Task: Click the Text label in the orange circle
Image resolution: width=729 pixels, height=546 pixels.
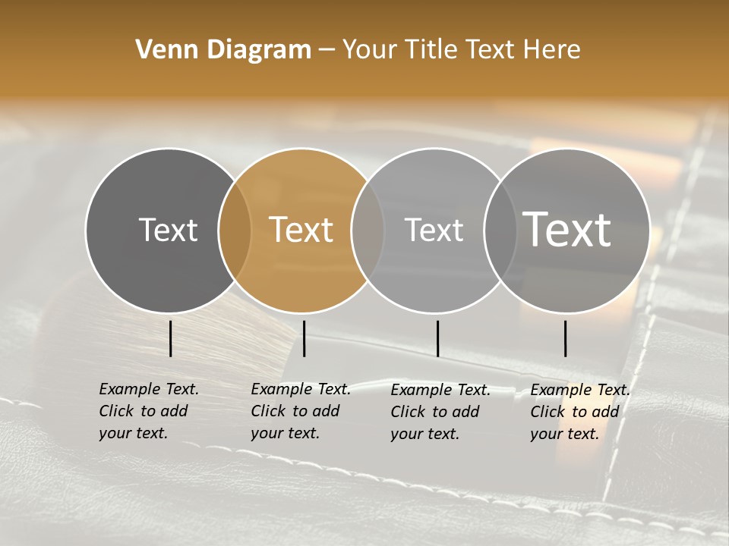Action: pyautogui.click(x=301, y=230)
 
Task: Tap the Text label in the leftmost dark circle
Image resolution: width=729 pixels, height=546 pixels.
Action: pyautogui.click(x=168, y=230)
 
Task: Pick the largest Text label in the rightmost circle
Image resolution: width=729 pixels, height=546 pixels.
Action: pyautogui.click(x=567, y=229)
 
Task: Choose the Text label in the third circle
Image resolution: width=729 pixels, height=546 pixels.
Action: pyautogui.click(x=434, y=230)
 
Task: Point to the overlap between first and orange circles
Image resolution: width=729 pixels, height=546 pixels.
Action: pyautogui.click(x=235, y=231)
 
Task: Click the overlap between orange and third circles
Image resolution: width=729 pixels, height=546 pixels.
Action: pyautogui.click(x=368, y=231)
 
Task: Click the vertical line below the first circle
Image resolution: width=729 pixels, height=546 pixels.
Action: pyautogui.click(x=171, y=338)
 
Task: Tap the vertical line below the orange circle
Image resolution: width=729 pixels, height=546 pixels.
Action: pyautogui.click(x=304, y=338)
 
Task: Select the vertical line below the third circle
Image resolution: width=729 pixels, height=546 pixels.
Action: pyautogui.click(x=437, y=338)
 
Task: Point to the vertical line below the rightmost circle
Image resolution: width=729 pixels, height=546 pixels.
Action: pyautogui.click(x=566, y=338)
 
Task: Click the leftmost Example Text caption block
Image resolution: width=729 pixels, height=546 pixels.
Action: pyautogui.click(x=148, y=411)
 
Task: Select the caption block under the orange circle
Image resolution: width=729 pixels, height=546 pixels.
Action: pyautogui.click(x=300, y=411)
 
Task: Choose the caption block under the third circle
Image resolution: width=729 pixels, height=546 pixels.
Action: pyautogui.click(x=440, y=412)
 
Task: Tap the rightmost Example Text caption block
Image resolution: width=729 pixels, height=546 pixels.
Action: pyautogui.click(x=579, y=412)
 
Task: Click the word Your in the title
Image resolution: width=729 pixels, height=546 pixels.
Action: pyautogui.click(x=371, y=50)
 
